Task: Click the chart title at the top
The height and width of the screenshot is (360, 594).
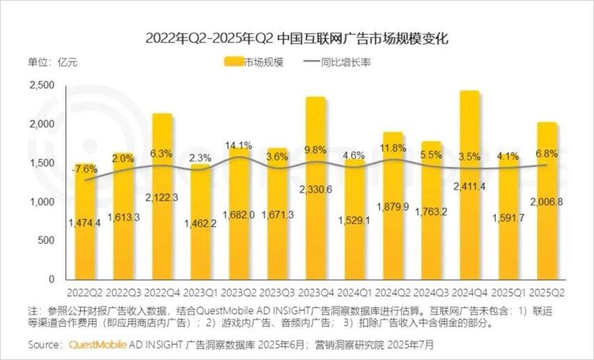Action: pos(297,38)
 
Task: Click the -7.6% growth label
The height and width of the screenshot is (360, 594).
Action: pos(84,169)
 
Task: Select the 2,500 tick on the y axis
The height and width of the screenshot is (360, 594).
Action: pos(41,85)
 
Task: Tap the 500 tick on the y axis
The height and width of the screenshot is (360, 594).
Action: pos(46,240)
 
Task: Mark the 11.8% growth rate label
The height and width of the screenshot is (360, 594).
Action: pos(392,148)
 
